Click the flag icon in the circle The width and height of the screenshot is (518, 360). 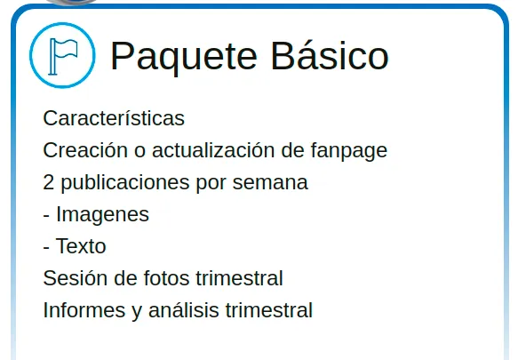63,56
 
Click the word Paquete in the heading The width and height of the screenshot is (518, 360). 184,57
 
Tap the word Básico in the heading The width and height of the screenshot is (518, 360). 330,54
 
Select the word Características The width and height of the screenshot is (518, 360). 114,118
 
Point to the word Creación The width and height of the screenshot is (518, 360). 85,149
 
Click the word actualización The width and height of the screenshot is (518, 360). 213,149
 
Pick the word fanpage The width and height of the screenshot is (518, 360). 349,151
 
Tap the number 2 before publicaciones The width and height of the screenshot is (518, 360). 48,182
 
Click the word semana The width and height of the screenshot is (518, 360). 270,183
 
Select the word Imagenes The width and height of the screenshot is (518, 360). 103,215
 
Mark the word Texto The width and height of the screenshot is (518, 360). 81,246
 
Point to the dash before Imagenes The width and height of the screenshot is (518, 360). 46,216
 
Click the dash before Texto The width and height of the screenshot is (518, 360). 46,248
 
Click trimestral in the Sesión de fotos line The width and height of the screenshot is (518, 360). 240,277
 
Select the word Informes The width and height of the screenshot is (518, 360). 84,309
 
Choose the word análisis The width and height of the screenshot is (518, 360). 184,309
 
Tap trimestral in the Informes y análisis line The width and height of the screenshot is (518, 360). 269,309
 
